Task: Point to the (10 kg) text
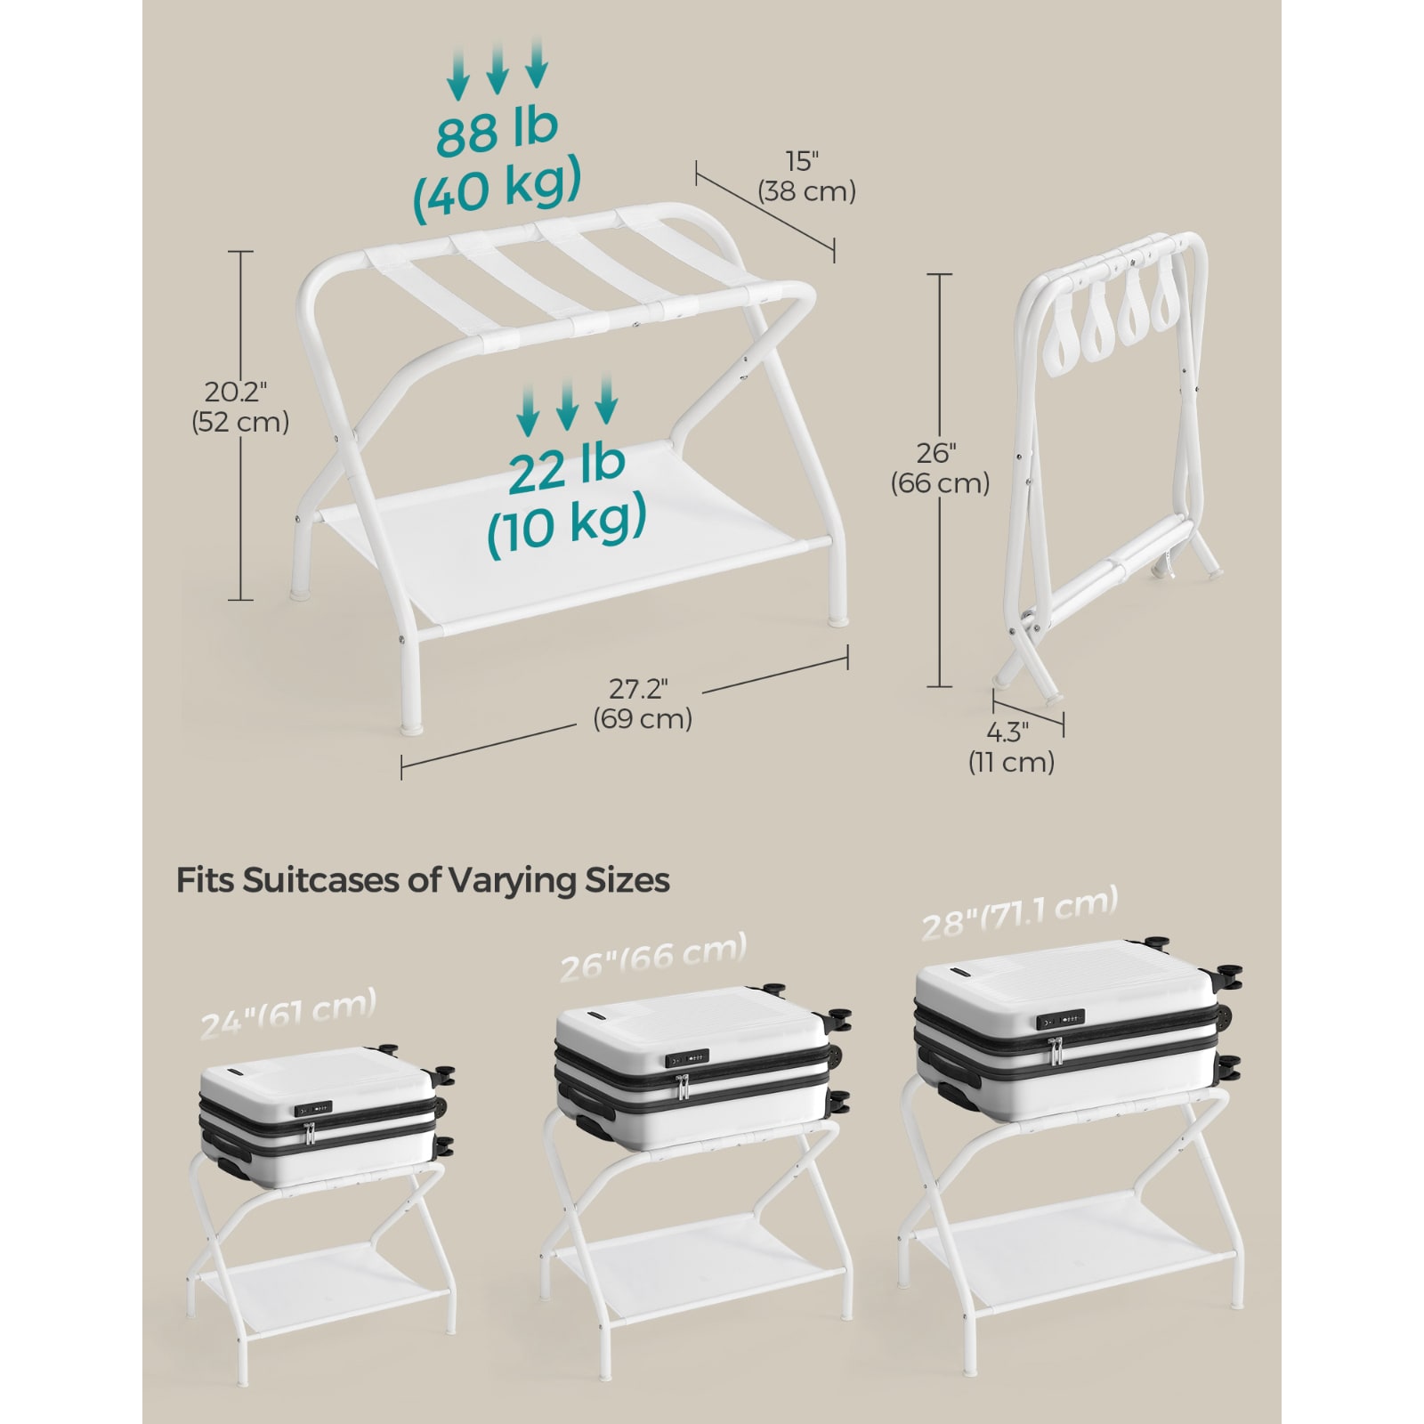click(x=567, y=523)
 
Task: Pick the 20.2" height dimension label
click(x=236, y=392)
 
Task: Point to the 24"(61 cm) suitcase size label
click(x=288, y=1013)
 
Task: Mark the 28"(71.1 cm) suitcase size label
click(x=1019, y=914)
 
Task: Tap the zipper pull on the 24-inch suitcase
click(x=309, y=1133)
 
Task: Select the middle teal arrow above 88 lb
click(x=497, y=69)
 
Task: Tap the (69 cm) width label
click(x=643, y=718)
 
